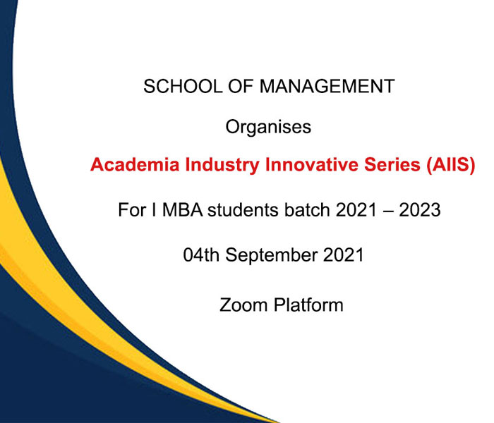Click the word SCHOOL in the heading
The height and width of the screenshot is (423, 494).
click(x=183, y=86)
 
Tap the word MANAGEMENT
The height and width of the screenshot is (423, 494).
click(x=327, y=86)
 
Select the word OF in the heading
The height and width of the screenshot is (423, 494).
click(x=241, y=86)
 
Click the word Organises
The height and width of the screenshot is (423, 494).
click(x=268, y=127)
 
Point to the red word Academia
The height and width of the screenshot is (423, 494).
click(x=135, y=164)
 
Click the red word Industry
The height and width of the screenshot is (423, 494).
click(x=222, y=165)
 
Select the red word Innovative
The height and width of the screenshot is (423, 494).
click(x=312, y=164)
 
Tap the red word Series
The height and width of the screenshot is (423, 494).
click(x=392, y=164)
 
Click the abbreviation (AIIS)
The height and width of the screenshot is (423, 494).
click(x=450, y=165)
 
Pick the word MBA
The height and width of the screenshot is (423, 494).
click(x=182, y=210)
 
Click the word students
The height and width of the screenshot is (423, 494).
click(x=243, y=210)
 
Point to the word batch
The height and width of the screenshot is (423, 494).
click(x=307, y=210)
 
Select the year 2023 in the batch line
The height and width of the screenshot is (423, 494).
click(x=420, y=210)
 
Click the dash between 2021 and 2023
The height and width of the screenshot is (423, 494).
click(x=388, y=211)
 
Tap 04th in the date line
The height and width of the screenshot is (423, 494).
click(x=201, y=255)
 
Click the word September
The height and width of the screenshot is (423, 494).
click(x=271, y=255)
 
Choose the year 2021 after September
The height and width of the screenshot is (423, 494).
click(x=344, y=255)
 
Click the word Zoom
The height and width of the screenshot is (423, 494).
click(x=243, y=305)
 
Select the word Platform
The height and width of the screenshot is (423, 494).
click(x=308, y=305)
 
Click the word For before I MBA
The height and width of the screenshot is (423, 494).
click(x=132, y=210)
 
